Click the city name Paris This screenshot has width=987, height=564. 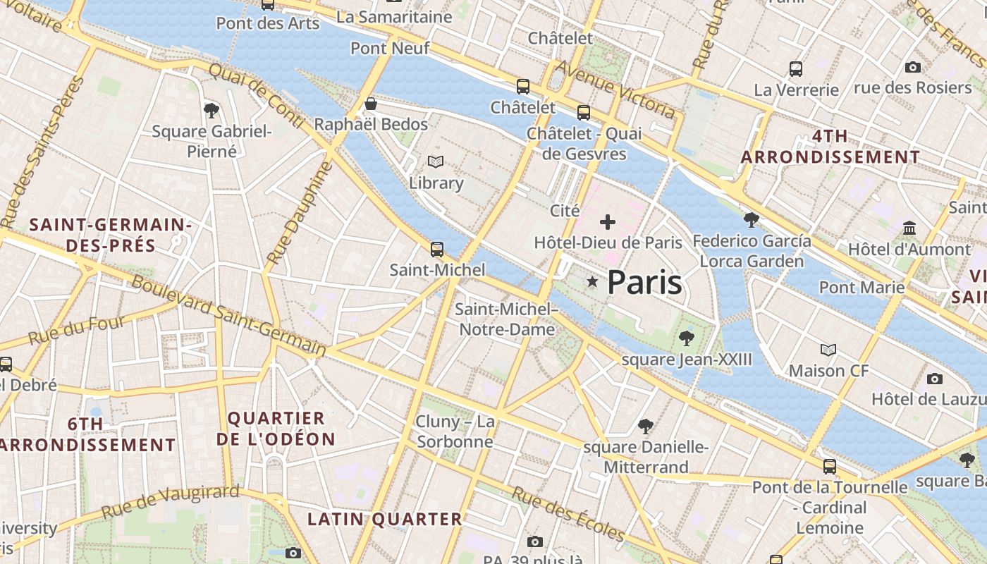coord(644,282)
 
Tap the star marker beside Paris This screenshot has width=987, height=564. coord(592,282)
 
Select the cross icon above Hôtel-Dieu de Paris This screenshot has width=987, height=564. coord(607,223)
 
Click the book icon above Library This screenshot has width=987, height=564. coord(436,162)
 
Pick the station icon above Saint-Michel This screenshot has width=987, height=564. coord(437,249)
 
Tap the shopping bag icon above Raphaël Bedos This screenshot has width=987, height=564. coord(371,104)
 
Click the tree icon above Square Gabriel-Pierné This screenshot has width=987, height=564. coord(211,110)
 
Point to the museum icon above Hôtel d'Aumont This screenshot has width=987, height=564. coord(909,228)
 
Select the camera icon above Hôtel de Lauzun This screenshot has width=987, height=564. coord(935,379)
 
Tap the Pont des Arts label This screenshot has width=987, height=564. coord(268,23)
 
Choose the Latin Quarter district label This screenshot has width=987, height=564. coord(385,520)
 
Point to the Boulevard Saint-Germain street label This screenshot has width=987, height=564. coord(230,315)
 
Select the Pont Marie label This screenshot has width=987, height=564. coord(862,287)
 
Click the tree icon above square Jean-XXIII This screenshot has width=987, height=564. coord(686,339)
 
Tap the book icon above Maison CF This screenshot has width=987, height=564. coord(828,350)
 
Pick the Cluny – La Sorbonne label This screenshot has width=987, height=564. coord(455,431)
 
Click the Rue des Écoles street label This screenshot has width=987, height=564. coord(568,513)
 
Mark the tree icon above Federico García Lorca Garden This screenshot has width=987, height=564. coord(752,220)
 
